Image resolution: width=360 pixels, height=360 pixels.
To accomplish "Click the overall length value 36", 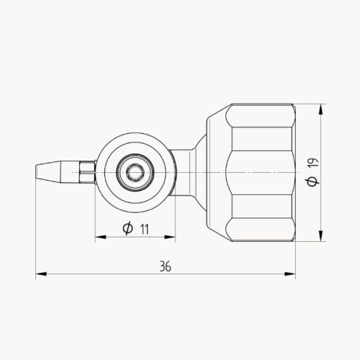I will tap(166, 266).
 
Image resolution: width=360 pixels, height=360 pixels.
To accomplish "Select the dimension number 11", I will tap(145, 229).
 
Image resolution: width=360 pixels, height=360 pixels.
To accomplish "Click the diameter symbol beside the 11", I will tap(127, 229).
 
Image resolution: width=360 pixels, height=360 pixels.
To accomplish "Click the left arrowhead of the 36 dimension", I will tap(40, 274).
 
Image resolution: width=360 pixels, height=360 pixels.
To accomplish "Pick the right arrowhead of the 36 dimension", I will tap(292, 274).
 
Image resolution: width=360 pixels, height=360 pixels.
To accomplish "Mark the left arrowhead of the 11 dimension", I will tap(99, 236).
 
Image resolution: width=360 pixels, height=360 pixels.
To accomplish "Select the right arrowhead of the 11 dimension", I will tap(171, 236).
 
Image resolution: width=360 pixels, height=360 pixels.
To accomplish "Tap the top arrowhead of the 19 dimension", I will tap(320, 108).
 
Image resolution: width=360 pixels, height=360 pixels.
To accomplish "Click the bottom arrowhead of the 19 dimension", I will tap(320, 236).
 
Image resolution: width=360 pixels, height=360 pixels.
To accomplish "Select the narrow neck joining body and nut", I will tap(185, 172).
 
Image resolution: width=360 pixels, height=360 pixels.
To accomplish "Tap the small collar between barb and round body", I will tap(88, 172).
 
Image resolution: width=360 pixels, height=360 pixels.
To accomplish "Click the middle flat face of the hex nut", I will tap(259, 172).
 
